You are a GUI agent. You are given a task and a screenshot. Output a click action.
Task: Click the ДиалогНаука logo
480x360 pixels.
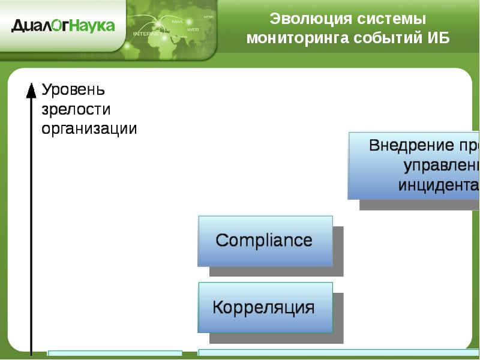(62, 25)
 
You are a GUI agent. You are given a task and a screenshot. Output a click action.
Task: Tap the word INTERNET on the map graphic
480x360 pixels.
(146, 34)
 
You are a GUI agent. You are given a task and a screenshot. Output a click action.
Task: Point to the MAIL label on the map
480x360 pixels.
(178, 22)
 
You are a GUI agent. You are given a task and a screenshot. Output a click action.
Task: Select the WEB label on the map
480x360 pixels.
(193, 29)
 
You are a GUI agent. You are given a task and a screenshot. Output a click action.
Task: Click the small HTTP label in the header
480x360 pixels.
(208, 17)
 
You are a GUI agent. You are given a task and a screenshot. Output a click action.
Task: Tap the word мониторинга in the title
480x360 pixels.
(289, 38)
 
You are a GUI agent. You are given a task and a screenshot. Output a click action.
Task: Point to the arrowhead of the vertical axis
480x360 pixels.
(31, 90)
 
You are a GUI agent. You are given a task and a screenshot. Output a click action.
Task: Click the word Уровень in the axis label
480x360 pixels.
(73, 90)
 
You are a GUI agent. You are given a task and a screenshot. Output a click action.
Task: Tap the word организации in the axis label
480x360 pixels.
(89, 128)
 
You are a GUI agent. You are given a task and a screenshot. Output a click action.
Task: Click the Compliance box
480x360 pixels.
(265, 241)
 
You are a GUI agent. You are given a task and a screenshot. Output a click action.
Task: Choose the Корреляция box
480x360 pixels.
(265, 308)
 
